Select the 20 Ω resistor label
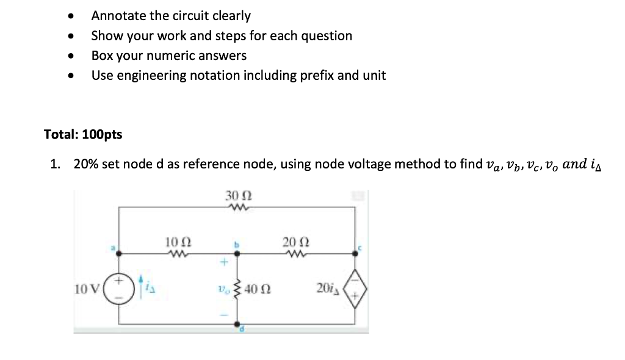click(x=293, y=242)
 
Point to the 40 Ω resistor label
click(x=259, y=288)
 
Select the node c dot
click(x=355, y=251)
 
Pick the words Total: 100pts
click(x=83, y=135)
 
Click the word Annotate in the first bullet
click(x=116, y=16)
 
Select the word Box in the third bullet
click(x=101, y=56)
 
